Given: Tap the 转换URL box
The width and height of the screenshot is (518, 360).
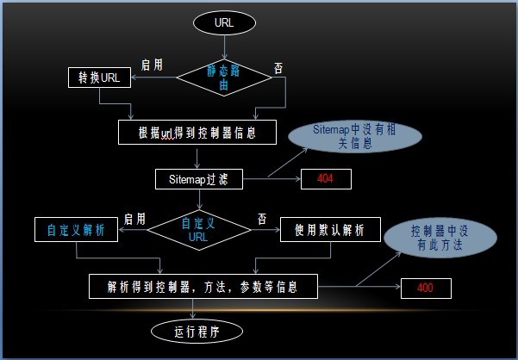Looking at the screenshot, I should pos(99,78).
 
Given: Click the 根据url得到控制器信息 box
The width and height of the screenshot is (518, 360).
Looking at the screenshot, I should pos(198,132).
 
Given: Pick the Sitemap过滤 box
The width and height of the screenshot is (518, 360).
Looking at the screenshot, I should pos(199,180).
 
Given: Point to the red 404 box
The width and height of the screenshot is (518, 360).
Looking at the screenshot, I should pos(325,180).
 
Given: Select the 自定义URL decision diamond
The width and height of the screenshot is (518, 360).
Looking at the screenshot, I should pos(198,230).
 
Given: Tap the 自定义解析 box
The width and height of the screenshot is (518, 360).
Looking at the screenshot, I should pos(78,230).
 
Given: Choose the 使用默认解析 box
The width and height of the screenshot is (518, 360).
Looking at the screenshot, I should pos(330,230).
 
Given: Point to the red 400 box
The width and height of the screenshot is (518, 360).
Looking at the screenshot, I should pos(425,287).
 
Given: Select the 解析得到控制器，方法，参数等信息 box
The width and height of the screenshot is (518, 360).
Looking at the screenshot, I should pos(203,287).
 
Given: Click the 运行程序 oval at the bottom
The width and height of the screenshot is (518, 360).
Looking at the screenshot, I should pos(197,332).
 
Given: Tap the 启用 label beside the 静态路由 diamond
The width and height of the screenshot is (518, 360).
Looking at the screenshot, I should pos(153,65).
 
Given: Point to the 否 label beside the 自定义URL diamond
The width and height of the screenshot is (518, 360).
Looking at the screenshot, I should pos(262,219).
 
